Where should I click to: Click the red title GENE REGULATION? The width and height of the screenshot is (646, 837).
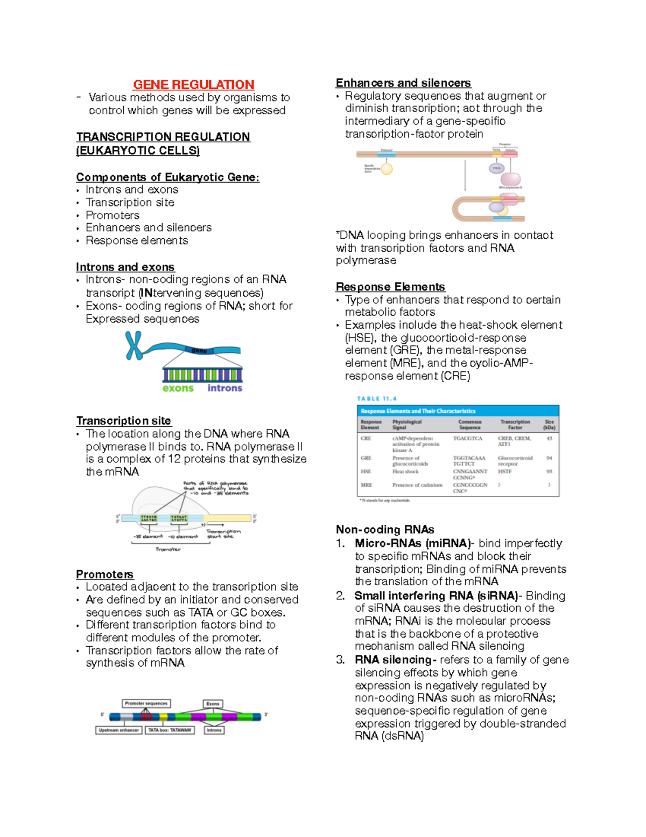click(x=193, y=85)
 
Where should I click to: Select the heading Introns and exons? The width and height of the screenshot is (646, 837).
click(x=125, y=267)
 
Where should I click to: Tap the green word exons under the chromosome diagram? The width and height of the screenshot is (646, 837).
click(x=178, y=388)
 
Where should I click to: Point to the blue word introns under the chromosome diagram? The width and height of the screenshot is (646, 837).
click(x=224, y=388)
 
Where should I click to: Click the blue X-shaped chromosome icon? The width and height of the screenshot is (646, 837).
click(x=134, y=345)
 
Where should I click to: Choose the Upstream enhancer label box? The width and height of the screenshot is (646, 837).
click(x=119, y=730)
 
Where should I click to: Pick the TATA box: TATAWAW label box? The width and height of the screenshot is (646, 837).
click(x=170, y=730)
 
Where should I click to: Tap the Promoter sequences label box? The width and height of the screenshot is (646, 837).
click(x=146, y=703)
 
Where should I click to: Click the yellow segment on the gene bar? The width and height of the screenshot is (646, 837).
click(x=164, y=717)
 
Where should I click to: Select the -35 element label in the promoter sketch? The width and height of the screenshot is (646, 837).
click(x=148, y=536)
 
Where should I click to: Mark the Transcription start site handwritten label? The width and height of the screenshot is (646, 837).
click(x=223, y=534)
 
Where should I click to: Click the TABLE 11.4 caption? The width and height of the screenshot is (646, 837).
click(x=376, y=399)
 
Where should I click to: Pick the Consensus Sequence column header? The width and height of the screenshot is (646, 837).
click(x=469, y=425)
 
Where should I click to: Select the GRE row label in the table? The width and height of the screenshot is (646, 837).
click(x=366, y=458)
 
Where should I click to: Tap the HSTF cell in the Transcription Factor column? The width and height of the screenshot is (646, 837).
click(x=504, y=472)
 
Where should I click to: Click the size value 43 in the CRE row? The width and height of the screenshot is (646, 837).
click(x=549, y=439)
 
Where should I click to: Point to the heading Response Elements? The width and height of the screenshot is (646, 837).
click(x=390, y=287)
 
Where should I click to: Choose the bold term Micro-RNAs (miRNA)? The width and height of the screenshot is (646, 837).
click(x=412, y=543)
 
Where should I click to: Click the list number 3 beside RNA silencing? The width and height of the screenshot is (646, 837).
click(x=340, y=660)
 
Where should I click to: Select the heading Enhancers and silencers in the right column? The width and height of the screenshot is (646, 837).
click(x=403, y=83)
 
